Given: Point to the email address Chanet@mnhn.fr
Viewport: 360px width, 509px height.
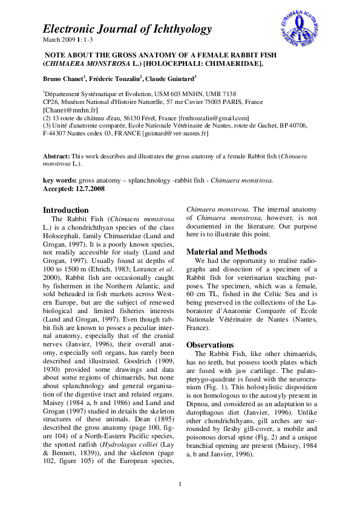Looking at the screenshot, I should [x=67, y=111].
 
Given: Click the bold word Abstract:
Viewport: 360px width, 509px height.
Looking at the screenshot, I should [x=56, y=156].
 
